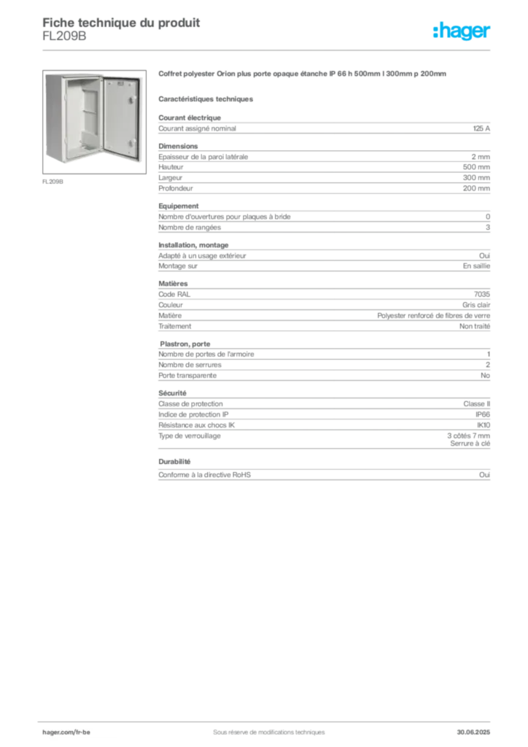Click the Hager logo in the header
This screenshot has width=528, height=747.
click(x=462, y=31)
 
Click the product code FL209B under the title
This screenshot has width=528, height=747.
click(x=64, y=36)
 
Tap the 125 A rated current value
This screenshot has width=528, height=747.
click(x=481, y=128)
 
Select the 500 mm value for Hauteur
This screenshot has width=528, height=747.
click(x=476, y=167)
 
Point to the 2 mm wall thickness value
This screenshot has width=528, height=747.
click(x=481, y=157)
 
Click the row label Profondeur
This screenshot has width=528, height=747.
click(x=176, y=189)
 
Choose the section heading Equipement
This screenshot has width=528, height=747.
click(x=179, y=206)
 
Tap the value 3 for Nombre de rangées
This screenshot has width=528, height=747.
click(x=488, y=228)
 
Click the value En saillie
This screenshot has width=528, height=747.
click(x=476, y=266)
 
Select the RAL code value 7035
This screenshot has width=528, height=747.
click(x=482, y=295)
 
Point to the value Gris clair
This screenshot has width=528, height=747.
click(x=476, y=305)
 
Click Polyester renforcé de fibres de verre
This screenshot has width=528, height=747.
click(x=434, y=316)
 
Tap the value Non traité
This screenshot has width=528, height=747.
click(x=475, y=326)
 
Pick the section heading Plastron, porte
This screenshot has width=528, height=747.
click(x=185, y=344)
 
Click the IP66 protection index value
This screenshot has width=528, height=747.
click(x=483, y=415)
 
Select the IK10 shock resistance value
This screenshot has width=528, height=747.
click(x=484, y=425)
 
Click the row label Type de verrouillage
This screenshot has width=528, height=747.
click(x=190, y=436)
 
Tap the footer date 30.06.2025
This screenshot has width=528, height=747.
click(x=473, y=732)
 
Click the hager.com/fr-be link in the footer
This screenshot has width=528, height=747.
click(x=66, y=732)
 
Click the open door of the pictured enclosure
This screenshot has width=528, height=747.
click(x=121, y=118)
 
